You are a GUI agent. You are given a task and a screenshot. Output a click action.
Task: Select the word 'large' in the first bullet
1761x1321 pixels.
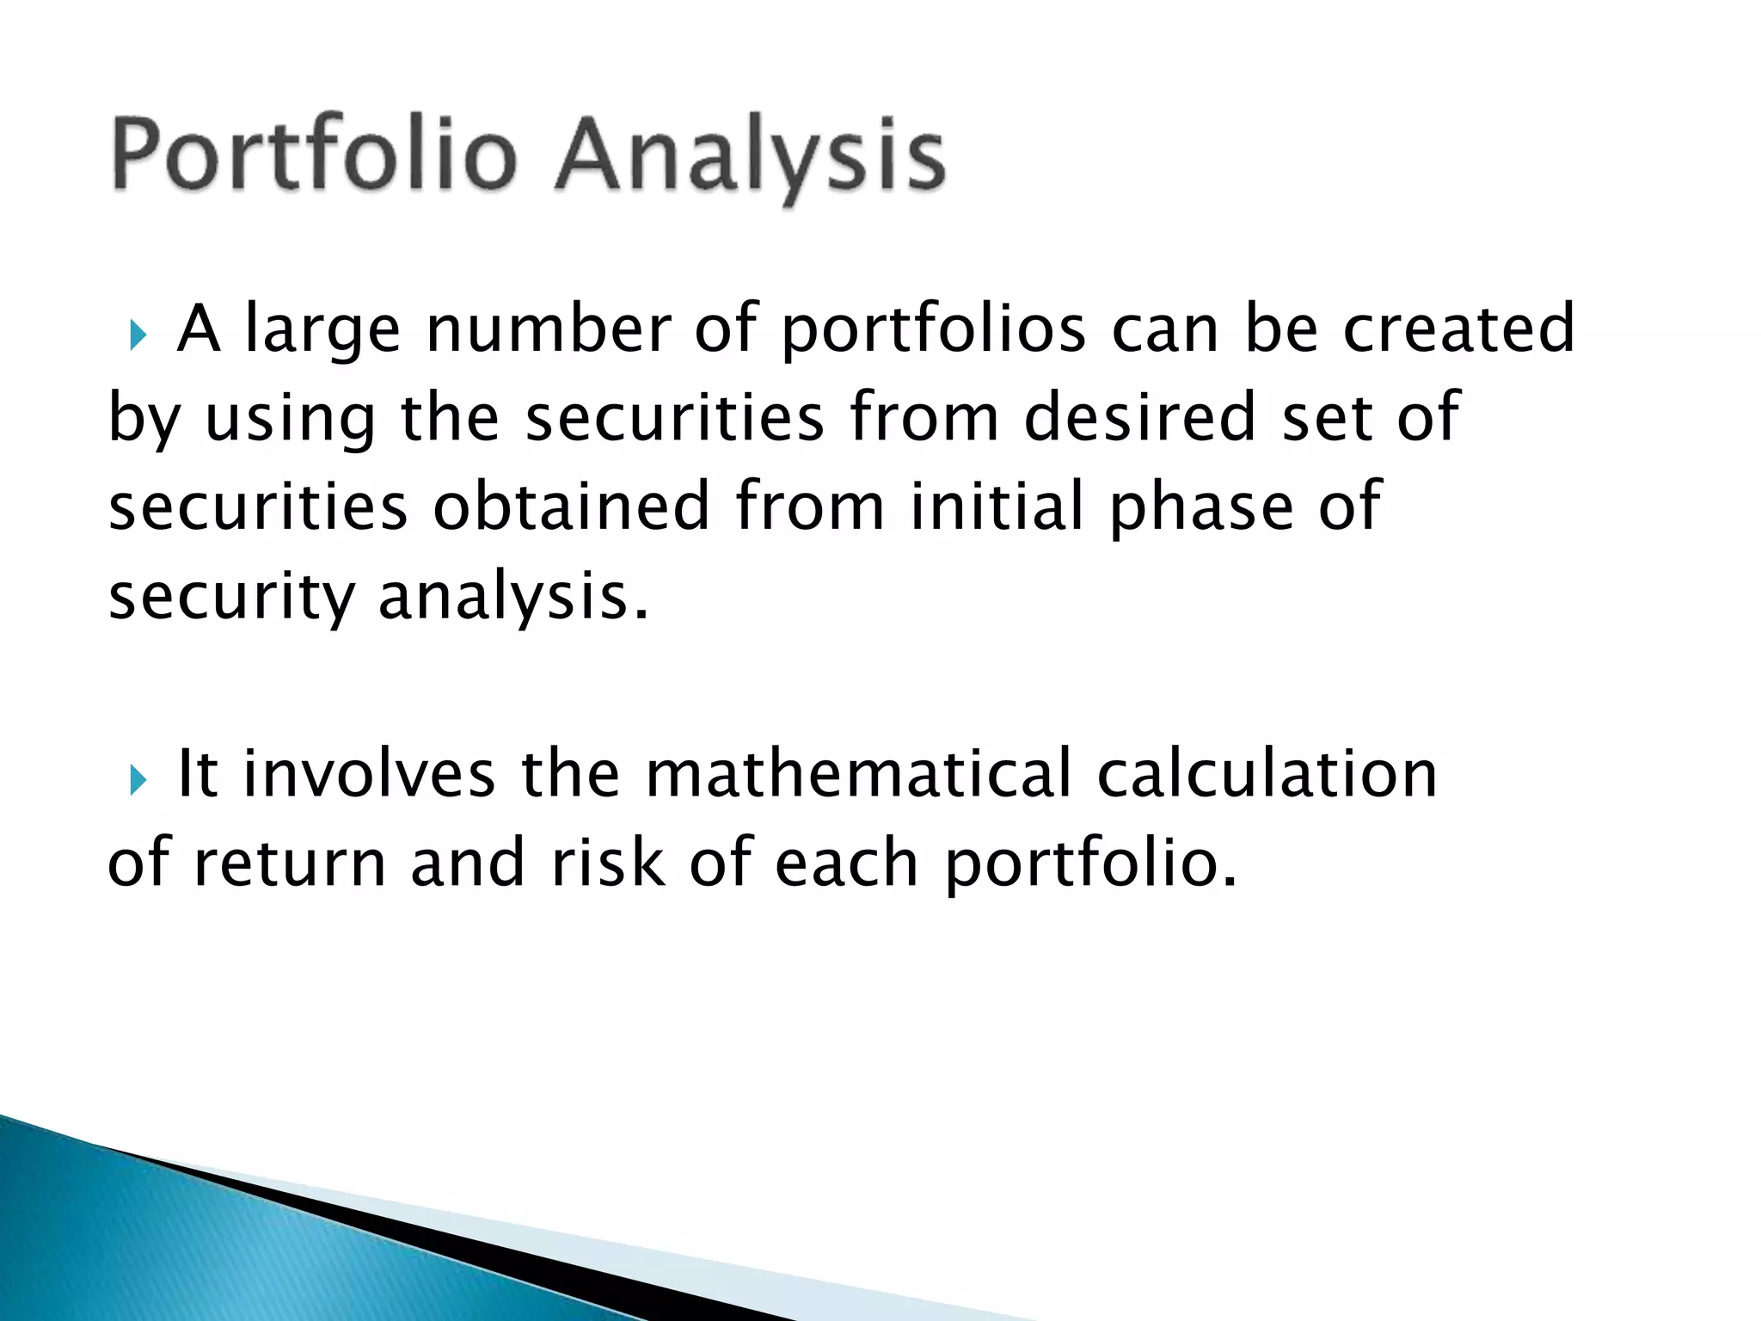click(x=322, y=331)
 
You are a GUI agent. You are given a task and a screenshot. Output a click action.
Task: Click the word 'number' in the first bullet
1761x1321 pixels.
click(x=548, y=331)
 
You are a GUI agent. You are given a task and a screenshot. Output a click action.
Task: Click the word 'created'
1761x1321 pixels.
click(x=1458, y=331)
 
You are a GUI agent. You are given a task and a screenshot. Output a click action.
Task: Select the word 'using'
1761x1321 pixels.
click(x=291, y=420)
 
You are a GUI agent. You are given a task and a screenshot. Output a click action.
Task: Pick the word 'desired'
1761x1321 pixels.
click(x=1140, y=420)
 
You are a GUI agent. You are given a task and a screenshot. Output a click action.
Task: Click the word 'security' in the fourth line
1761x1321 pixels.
click(x=230, y=598)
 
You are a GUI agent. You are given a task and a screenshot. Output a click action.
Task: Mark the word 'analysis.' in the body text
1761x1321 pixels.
click(x=513, y=598)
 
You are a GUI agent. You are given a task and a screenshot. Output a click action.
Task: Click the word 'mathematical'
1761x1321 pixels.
click(x=858, y=774)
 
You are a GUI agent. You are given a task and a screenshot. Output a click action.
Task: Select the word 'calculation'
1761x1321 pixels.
click(x=1267, y=774)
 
